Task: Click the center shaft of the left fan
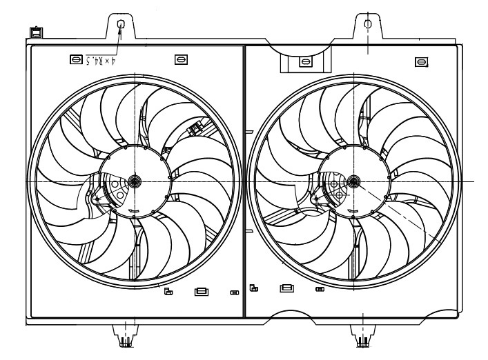click(134, 181)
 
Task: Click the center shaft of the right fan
click(354, 181)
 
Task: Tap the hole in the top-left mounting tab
click(121, 25)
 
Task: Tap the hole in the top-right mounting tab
click(367, 23)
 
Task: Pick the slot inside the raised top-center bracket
click(305, 62)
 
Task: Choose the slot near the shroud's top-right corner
click(420, 62)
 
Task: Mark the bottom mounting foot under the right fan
click(361, 339)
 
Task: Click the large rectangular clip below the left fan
click(202, 292)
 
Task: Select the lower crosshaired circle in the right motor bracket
click(339, 195)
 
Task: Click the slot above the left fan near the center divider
click(181, 60)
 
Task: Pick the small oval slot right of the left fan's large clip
click(235, 292)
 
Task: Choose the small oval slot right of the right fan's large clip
click(319, 289)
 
